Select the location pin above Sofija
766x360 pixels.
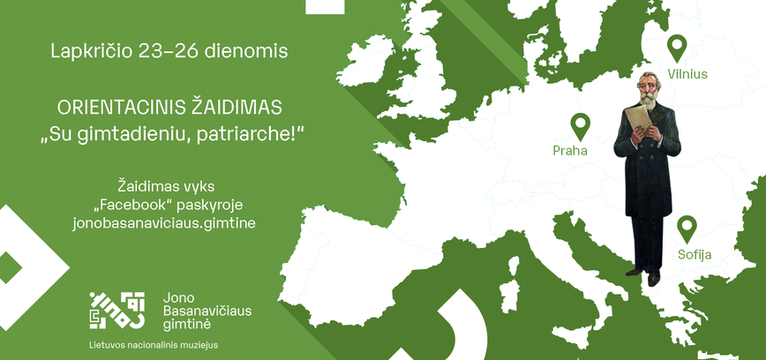[687, 229]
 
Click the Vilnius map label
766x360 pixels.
[687, 74]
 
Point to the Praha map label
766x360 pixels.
[570, 150]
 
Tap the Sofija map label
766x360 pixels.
[694, 255]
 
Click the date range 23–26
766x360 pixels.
[167, 51]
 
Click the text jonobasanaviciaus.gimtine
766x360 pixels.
[164, 223]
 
